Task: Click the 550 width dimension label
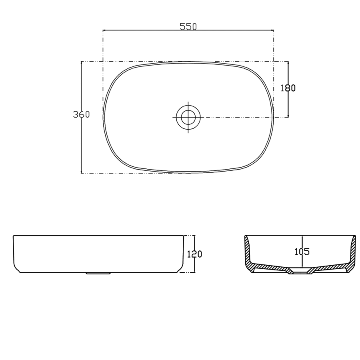pyautogui.click(x=188, y=26)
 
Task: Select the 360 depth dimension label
pyautogui.click(x=81, y=114)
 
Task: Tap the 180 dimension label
pyautogui.click(x=288, y=88)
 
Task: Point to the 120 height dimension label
pyautogui.click(x=194, y=254)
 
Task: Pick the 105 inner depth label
pyautogui.click(x=302, y=252)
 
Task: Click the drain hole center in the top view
pyautogui.click(x=188, y=117)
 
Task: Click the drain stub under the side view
pyautogui.click(x=98, y=274)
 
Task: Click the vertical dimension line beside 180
pyautogui.click(x=288, y=104)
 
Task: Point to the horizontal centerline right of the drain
pyautogui.click(x=240, y=117)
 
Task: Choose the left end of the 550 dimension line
pyautogui.click(x=103, y=30)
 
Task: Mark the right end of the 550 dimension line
pyautogui.click(x=274, y=30)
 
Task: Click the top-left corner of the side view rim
pyautogui.click(x=14, y=236)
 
